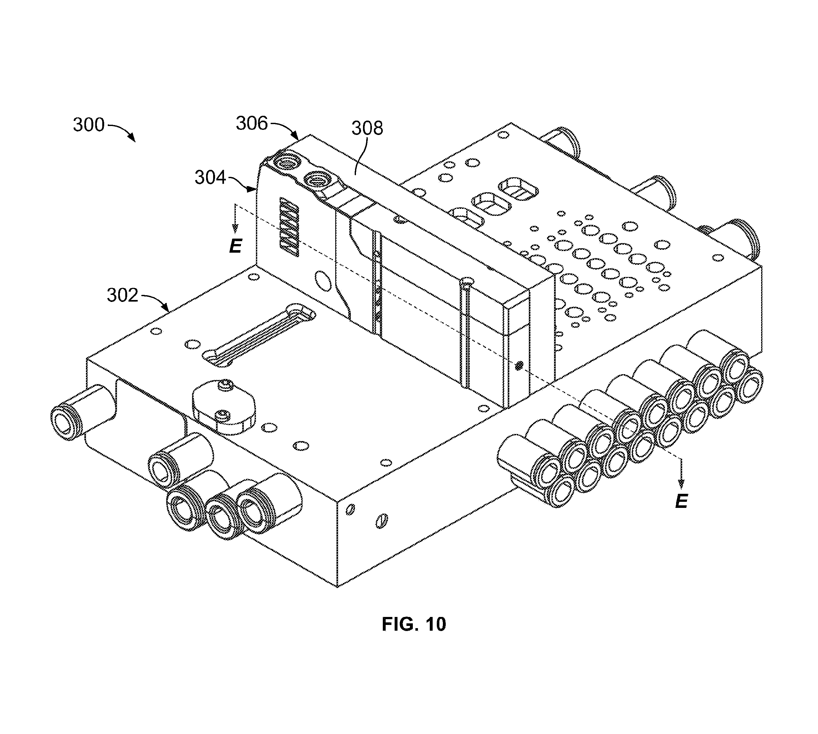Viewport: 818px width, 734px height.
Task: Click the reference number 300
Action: point(89,125)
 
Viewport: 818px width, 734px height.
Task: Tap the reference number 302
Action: point(122,296)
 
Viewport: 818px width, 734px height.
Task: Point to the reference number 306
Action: point(252,123)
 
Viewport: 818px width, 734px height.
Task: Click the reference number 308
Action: point(367,128)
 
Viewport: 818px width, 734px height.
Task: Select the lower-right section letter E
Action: point(681,501)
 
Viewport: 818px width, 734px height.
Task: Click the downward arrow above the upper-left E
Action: point(236,219)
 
